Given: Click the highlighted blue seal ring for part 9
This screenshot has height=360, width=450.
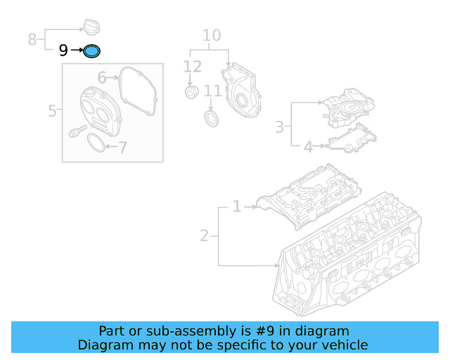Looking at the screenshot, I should (x=92, y=51).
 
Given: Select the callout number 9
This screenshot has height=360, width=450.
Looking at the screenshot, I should (x=63, y=51).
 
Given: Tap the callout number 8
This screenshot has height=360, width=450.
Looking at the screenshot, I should (x=32, y=39).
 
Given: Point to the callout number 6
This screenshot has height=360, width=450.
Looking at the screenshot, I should (x=101, y=78).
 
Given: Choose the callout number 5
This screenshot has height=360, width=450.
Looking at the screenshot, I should (x=52, y=110).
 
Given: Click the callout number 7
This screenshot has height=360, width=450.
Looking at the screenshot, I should (x=122, y=148).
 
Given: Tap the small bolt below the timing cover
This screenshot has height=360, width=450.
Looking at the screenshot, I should (x=76, y=131).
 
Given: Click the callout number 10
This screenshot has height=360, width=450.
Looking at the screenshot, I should (x=211, y=36).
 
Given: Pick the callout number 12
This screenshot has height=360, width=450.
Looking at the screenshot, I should (x=192, y=67).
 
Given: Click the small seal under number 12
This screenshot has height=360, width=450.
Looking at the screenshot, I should (x=191, y=94).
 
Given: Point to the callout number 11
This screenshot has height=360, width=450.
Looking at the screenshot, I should (x=212, y=91).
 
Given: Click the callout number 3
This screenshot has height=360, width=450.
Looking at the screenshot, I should (x=279, y=127).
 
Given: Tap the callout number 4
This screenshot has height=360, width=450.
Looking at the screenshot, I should (x=307, y=147).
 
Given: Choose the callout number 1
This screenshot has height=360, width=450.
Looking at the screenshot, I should (x=237, y=207).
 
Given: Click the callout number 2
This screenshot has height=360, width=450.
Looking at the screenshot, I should (x=204, y=236).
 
